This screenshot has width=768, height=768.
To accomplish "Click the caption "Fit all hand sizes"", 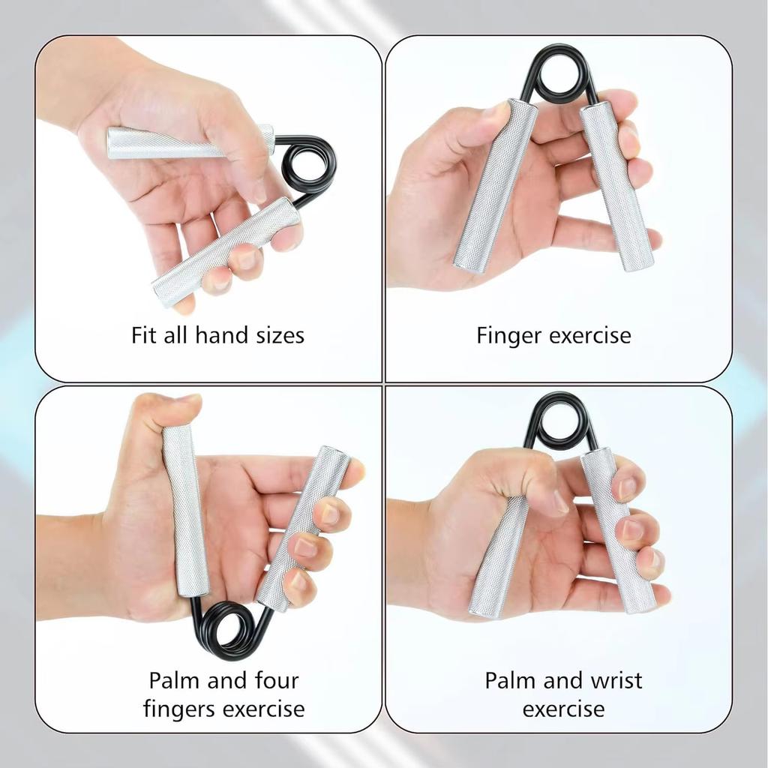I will pyautogui.click(x=217, y=334).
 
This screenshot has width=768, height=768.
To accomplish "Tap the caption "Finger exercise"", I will pyautogui.click(x=553, y=335).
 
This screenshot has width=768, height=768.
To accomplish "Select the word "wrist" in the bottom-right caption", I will pyautogui.click(x=614, y=680).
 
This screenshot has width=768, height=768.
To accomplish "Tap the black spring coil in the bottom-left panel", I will pyautogui.click(x=225, y=628).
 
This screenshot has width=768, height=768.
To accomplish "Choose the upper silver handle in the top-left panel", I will pyautogui.click(x=187, y=142).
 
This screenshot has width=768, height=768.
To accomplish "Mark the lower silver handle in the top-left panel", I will pyautogui.click(x=225, y=252).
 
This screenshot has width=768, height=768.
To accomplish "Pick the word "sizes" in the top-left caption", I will pyautogui.click(x=274, y=334).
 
